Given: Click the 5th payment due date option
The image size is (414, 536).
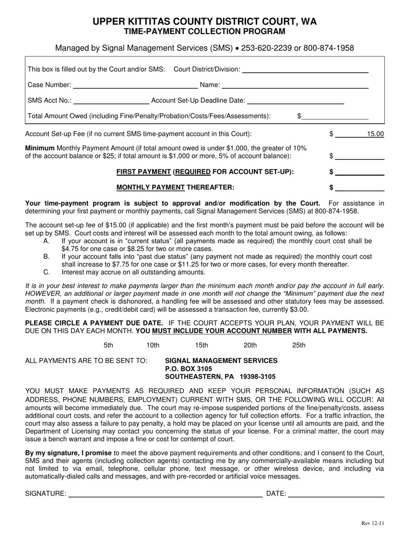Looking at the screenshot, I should pyautogui.click(x=109, y=346).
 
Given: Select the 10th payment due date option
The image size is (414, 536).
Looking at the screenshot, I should pyautogui.click(x=153, y=346).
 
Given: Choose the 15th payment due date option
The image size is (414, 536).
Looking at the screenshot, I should pyautogui.click(x=201, y=346).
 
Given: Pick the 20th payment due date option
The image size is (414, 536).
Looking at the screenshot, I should pyautogui.click(x=250, y=346).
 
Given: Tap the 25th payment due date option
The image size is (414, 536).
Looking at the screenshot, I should pyautogui.click(x=299, y=346).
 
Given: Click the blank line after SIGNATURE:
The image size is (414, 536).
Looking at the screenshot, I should pyautogui.click(x=166, y=493).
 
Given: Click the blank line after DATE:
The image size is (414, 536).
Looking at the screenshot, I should pyautogui.click(x=336, y=493).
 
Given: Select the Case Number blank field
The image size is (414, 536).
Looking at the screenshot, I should pyautogui.click(x=136, y=85).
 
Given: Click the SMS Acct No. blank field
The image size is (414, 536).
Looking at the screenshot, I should pyautogui.click(x=111, y=101).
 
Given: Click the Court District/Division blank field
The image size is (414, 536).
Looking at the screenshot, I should pyautogui.click(x=305, y=69).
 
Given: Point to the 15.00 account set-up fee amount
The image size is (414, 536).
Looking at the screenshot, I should pyautogui.click(x=375, y=134).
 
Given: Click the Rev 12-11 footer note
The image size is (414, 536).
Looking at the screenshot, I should pyautogui.click(x=373, y=523).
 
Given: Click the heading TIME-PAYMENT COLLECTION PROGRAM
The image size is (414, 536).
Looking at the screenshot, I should pyautogui.click(x=204, y=31).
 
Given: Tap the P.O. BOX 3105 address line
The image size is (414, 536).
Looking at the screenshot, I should pyautogui.click(x=188, y=369).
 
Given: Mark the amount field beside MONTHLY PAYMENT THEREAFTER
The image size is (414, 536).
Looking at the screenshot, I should pyautogui.click(x=360, y=188).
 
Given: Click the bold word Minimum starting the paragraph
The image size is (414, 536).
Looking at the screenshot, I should pyautogui.click(x=40, y=148).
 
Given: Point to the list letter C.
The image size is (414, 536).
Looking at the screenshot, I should pyautogui.click(x=47, y=272).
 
